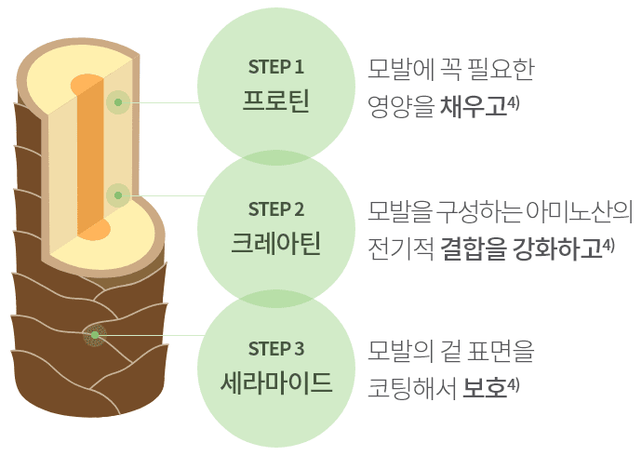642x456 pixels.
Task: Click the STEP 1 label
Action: click(276, 67)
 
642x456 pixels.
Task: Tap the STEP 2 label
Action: click(276, 208)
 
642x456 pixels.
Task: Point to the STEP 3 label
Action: click(276, 349)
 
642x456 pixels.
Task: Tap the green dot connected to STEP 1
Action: click(117, 101)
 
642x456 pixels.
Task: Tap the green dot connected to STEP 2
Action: click(117, 195)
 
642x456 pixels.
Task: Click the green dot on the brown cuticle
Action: click(94, 334)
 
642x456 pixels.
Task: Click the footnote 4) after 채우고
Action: click(514, 101)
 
